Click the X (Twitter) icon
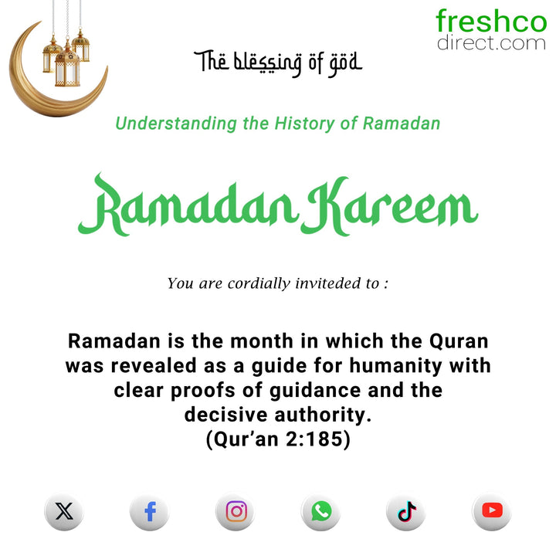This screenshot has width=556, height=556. pos(64,511)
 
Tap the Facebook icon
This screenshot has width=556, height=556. pos(150,511)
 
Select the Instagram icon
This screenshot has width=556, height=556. pos(236,511)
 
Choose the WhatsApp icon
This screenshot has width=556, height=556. pos(321,511)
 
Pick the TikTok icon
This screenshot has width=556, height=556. pos(407,511)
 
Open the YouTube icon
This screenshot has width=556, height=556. pos(492,511)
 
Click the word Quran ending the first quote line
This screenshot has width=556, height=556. pos(459,341)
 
